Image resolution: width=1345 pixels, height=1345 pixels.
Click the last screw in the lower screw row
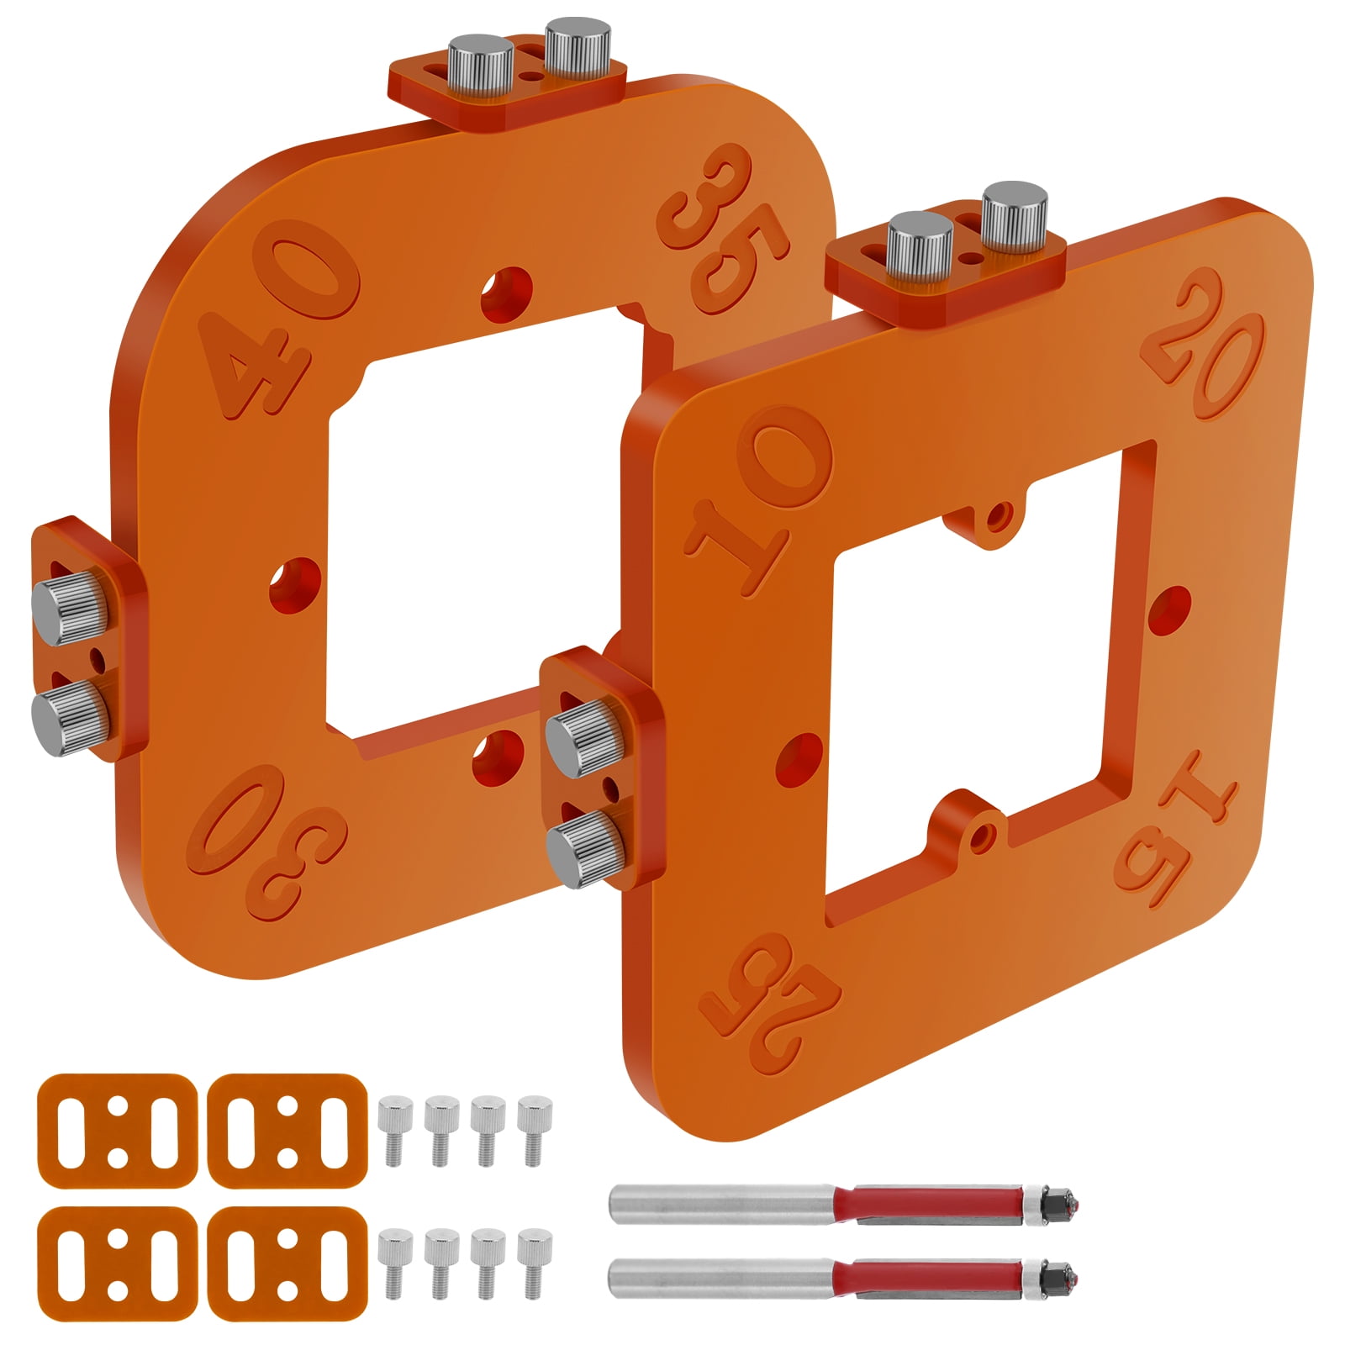tap(529, 1265)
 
